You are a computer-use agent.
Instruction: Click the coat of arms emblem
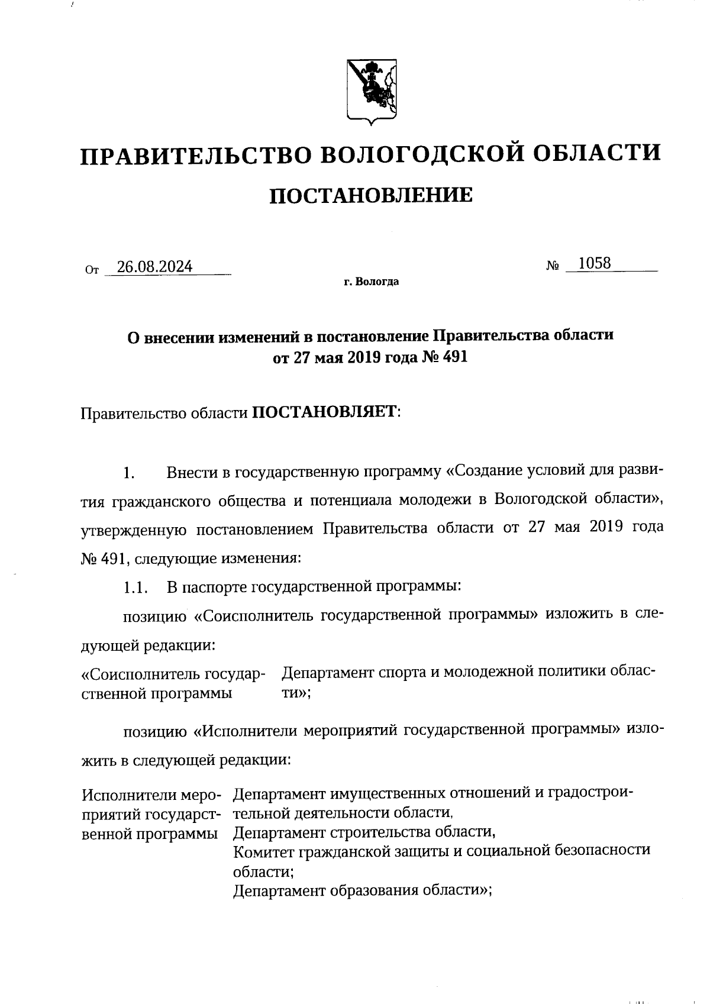coord(371,92)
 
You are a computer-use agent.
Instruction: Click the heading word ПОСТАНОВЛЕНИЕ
coord(371,195)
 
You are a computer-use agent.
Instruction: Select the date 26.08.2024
coord(154,267)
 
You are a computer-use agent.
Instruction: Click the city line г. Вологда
coord(371,282)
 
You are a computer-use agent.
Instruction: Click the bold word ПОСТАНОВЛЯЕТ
coord(326,412)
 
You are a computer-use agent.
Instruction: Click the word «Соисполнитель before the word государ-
coord(140,674)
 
